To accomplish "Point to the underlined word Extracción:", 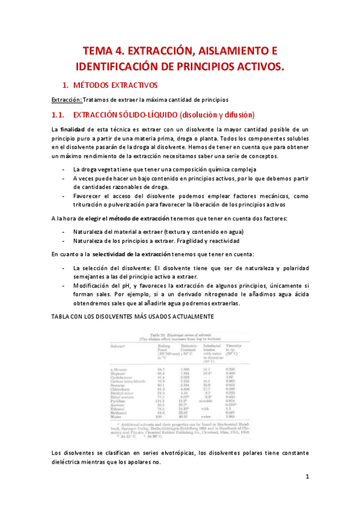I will pyautogui.click(x=66, y=99).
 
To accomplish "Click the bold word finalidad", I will pyautogui.click(x=72, y=129).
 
